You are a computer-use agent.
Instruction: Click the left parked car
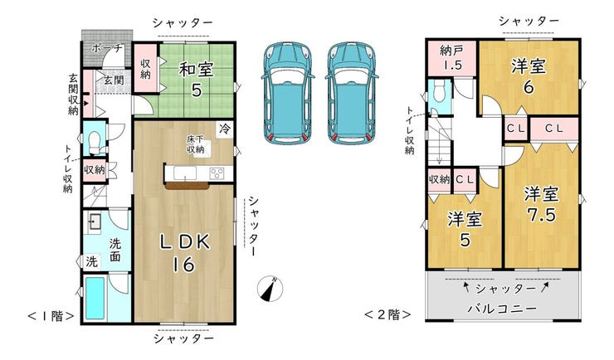pos(288,93)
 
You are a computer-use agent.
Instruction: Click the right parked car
pos(352,93)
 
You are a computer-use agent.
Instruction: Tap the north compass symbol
pos(270,289)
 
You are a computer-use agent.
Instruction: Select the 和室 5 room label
pos(196,80)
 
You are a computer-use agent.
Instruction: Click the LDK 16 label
pos(184,253)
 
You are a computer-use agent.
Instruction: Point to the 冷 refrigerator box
pos(225,129)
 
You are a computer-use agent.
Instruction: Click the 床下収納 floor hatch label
pos(195,144)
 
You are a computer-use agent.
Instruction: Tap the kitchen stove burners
pos(217,173)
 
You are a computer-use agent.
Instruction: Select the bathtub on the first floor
pos(95,298)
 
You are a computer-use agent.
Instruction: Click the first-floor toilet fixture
pos(95,143)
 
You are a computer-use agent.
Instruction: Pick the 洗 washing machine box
pos(92,261)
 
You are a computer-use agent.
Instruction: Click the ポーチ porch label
pos(107,48)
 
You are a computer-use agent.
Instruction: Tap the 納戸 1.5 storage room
pos(452,58)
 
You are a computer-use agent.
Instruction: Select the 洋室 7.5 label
pos(542,204)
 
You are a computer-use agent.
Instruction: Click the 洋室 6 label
pos(529,76)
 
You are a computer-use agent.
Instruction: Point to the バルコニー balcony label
pos(502,309)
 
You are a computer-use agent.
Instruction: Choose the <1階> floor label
pos(51,316)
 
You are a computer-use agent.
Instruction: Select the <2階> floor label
pos(387,314)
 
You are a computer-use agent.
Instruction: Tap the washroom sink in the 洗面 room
pos(94,222)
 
